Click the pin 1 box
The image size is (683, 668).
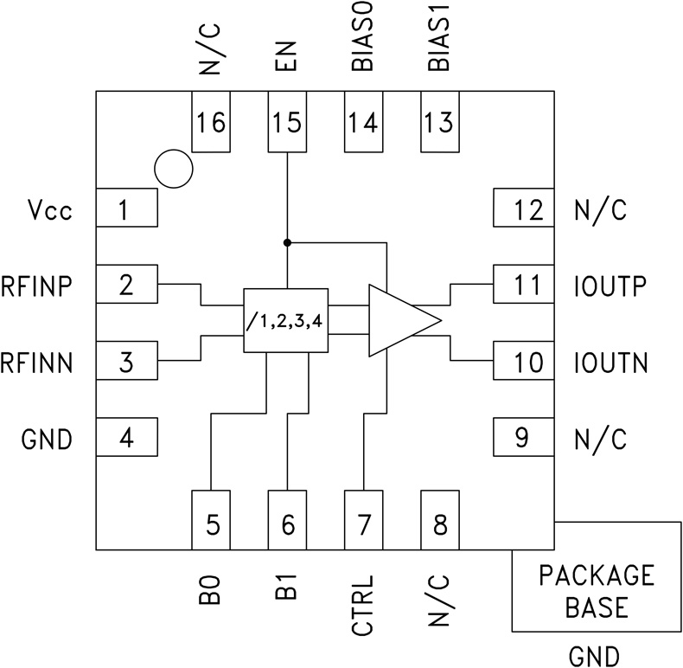126,209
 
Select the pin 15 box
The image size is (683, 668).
287,122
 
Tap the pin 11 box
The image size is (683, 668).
523,285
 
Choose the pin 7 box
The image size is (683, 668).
363,519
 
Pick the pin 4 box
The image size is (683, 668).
126,439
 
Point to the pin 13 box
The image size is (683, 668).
439,122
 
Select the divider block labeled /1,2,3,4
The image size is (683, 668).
285,319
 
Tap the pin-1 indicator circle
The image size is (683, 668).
172,168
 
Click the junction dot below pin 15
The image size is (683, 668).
287,242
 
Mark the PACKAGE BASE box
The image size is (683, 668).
597,590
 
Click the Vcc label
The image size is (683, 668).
48,210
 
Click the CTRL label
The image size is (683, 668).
363,606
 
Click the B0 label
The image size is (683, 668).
212,590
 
